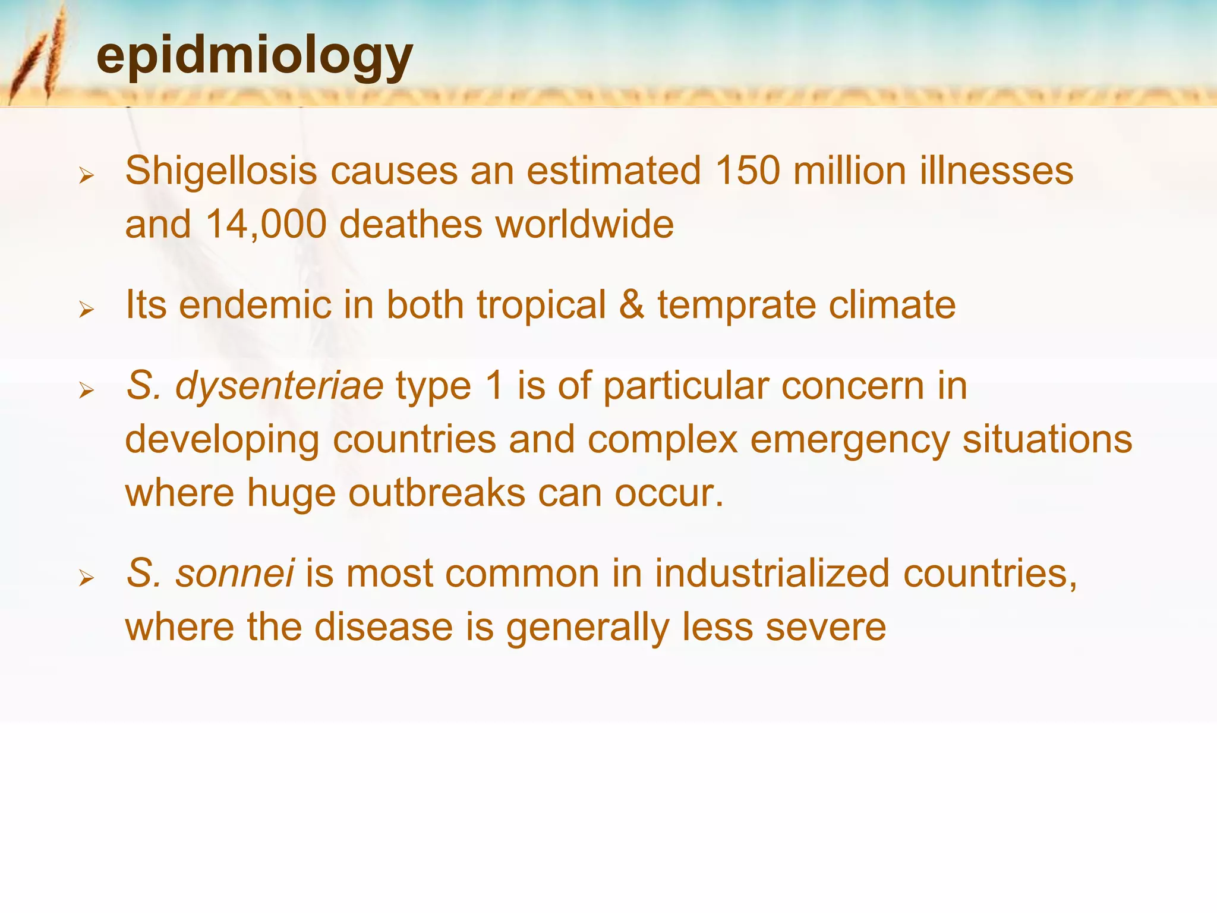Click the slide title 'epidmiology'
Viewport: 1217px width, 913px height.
point(254,56)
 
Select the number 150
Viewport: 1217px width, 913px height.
point(748,171)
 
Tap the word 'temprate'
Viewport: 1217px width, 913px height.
point(736,305)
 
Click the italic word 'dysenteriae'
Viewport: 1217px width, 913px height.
point(279,386)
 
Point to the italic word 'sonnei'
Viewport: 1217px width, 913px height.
point(235,574)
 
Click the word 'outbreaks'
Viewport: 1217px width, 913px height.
point(437,493)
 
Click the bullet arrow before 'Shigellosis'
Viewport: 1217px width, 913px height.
point(87,175)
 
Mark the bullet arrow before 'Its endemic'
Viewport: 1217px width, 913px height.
point(87,309)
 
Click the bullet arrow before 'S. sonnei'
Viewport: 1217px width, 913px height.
point(87,578)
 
